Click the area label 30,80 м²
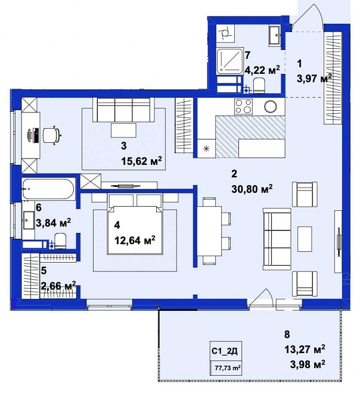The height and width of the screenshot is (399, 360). point(252,189)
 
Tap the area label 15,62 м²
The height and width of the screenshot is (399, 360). point(141,161)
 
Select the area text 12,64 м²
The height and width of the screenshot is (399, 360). point(135,240)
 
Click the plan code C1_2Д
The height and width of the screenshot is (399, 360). point(225,351)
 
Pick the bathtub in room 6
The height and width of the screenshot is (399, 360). point(48,189)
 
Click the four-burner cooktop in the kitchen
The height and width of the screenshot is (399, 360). point(243,107)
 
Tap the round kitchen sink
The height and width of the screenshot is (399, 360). point(271,107)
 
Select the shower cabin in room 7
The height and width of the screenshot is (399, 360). point(229,61)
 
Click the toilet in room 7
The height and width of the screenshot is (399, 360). point(259,85)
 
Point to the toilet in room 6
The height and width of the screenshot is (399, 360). point(60,241)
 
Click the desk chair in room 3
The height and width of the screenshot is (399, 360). point(52,135)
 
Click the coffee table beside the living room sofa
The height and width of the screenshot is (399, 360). point(305,239)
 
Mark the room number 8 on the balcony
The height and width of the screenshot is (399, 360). point(287,334)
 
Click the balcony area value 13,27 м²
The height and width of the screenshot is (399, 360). point(305,350)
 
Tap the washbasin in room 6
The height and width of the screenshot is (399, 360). point(29,220)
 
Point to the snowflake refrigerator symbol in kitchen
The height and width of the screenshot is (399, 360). point(206,149)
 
